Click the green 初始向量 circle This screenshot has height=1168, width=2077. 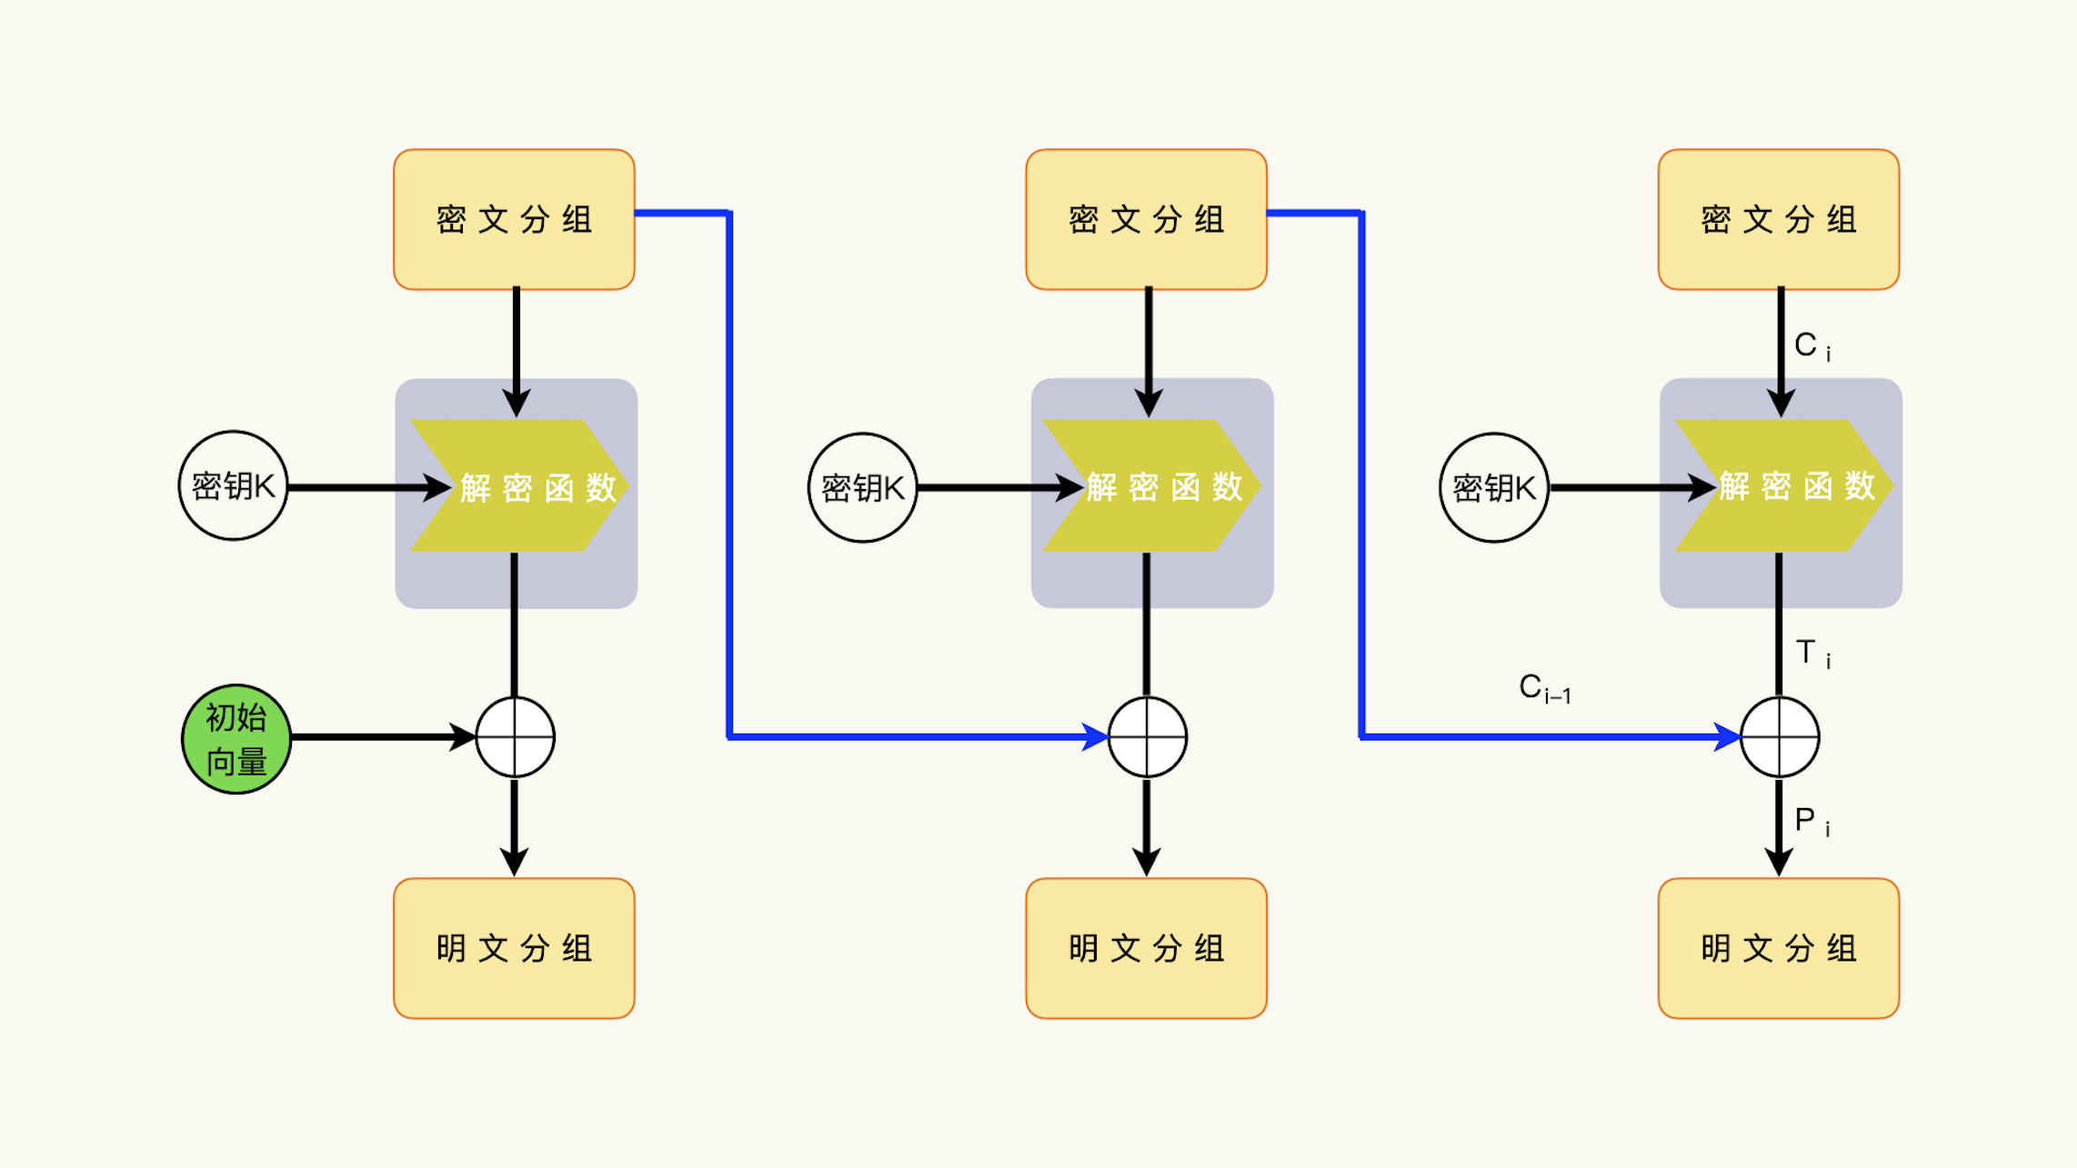[236, 739]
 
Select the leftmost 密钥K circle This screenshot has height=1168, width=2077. [233, 486]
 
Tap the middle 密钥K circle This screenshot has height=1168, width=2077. [862, 488]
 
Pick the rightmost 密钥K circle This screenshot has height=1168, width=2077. [1493, 488]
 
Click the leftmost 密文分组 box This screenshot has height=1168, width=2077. [514, 220]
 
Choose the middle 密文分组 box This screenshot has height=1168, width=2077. [1146, 220]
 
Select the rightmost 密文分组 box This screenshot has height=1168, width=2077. [1778, 220]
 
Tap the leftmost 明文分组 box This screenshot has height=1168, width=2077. [514, 948]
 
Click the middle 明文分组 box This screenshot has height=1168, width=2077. [1146, 948]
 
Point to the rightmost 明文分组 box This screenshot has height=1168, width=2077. [1778, 948]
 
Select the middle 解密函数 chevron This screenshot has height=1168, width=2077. [1151, 486]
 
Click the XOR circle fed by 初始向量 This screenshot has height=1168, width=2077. [516, 737]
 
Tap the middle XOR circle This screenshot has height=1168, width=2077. [1148, 737]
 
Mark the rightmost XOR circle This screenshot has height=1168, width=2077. [1780, 737]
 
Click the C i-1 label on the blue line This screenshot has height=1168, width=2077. [1544, 688]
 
